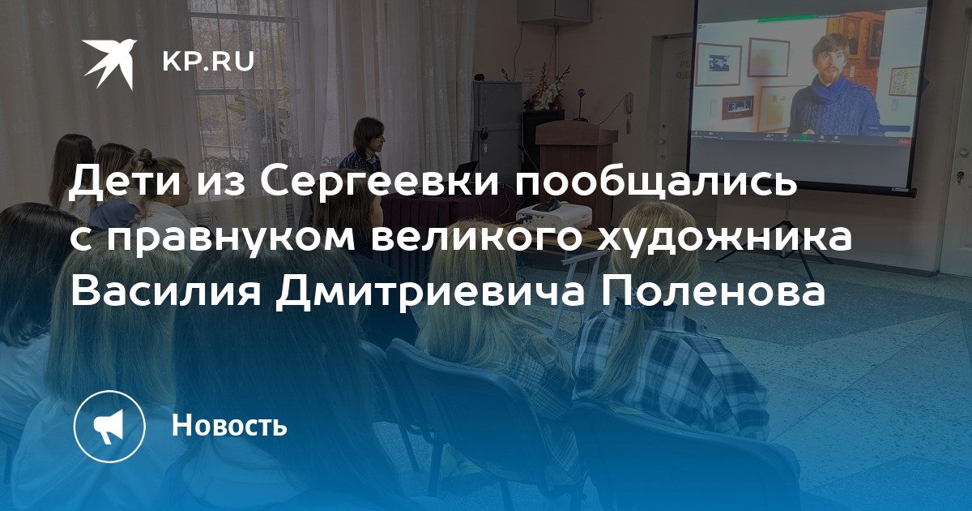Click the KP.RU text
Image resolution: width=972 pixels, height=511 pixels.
click(208, 62)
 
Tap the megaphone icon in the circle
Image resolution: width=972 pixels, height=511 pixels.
click(109, 426)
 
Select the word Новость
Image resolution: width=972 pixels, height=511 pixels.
click(229, 424)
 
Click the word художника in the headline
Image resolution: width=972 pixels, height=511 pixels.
click(723, 238)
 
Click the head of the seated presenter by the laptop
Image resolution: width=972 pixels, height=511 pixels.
click(369, 134)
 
